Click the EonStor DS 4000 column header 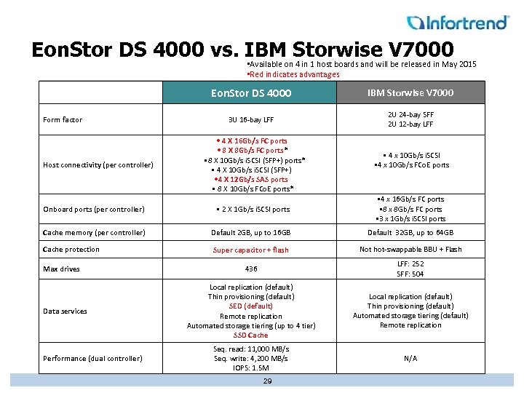pos(250,93)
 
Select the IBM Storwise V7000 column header pos(410,92)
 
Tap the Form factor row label pos(63,119)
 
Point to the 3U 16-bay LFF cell pos(250,119)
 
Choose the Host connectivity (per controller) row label pos(98,164)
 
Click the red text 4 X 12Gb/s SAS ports pos(252,179)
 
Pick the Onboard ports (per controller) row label pos(94,210)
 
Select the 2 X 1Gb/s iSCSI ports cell pos(252,210)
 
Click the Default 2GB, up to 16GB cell pos(250,233)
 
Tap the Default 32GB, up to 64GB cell pos(410,233)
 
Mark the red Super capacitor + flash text pos(250,250)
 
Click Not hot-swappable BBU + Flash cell pos(410,249)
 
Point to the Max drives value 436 pos(250,269)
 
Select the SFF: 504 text pos(410,274)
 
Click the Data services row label pos(65,311)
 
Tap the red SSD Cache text pos(250,336)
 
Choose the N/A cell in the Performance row pos(410,358)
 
